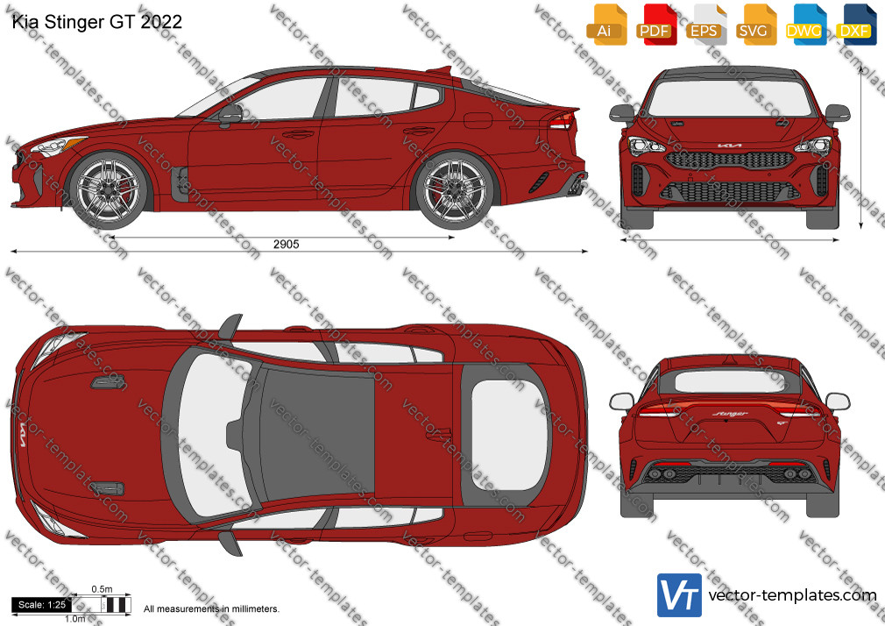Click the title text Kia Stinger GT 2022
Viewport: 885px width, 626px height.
(96, 22)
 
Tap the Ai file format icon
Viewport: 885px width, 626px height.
(606, 25)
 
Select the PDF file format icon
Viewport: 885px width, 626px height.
(656, 25)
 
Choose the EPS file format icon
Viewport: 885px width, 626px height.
(706, 25)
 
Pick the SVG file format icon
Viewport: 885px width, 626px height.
(755, 25)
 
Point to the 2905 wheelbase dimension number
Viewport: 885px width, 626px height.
(287, 244)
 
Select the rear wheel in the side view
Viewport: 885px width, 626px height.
(455, 189)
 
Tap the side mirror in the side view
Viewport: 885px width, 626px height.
(230, 115)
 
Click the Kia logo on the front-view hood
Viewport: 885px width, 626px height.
(729, 146)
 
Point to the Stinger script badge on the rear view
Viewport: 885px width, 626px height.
(730, 414)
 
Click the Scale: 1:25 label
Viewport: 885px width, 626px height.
(42, 605)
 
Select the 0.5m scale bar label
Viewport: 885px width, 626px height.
(103, 589)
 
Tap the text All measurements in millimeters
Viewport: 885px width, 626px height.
(211, 609)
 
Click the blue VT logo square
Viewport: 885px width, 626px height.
(679, 595)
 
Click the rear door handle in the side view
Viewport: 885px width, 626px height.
(419, 131)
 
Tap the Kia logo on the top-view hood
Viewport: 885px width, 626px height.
(23, 435)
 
